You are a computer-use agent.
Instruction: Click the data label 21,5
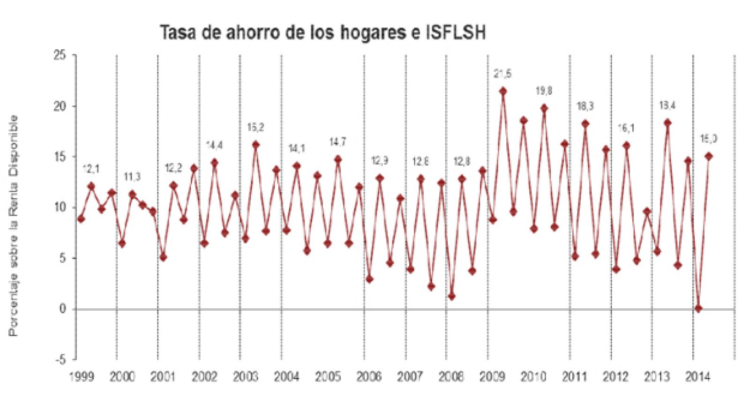click(x=502, y=74)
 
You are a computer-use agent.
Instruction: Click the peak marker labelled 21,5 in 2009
click(x=503, y=91)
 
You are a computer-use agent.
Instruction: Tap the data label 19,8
click(x=544, y=91)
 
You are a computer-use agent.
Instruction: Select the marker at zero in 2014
click(x=698, y=309)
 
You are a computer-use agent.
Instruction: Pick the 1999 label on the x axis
click(x=81, y=377)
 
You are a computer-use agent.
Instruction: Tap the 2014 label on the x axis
click(x=698, y=377)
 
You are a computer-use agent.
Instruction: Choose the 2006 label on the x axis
click(x=369, y=377)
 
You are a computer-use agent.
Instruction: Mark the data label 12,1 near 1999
click(x=91, y=169)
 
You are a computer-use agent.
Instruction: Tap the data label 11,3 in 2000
click(x=132, y=177)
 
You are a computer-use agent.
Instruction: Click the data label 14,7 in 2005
click(x=337, y=142)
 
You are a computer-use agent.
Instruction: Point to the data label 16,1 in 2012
click(x=626, y=128)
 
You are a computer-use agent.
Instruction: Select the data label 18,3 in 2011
click(x=585, y=106)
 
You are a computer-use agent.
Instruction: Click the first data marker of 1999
click(x=81, y=219)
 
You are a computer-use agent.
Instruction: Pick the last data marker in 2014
click(x=709, y=156)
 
